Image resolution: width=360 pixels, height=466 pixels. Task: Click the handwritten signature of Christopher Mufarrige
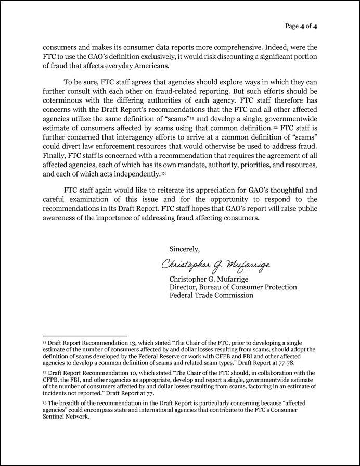pyautogui.click(x=216, y=265)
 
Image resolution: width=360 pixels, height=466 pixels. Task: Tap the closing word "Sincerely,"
pyautogui.click(x=185, y=249)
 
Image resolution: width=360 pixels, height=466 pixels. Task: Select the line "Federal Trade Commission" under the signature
pyautogui.click(x=212, y=295)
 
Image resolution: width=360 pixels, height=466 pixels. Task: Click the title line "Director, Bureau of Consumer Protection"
pyautogui.click(x=233, y=287)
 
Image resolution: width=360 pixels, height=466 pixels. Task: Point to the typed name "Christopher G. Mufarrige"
pyautogui.click(x=208, y=280)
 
